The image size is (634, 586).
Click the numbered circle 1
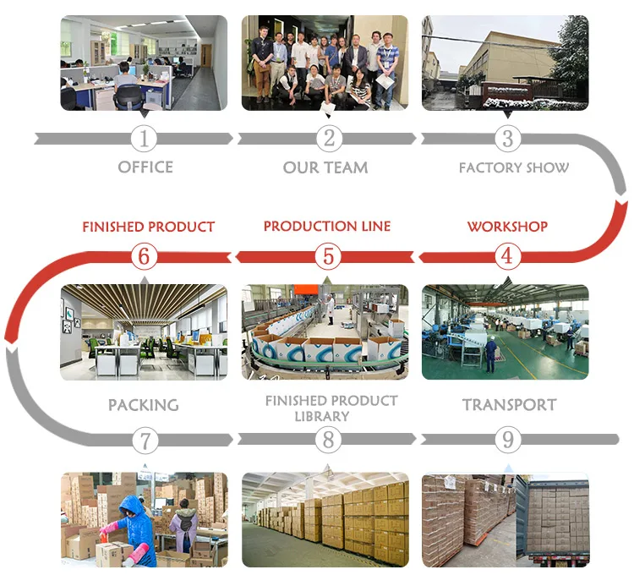point(145,139)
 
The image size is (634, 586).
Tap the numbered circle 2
point(329,139)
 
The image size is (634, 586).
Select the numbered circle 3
point(507,139)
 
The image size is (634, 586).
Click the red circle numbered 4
point(507,255)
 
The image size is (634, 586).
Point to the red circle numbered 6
point(145,255)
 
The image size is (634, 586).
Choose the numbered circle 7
point(145,440)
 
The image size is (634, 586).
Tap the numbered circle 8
point(329,440)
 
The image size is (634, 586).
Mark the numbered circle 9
point(507,440)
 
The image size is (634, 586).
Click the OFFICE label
point(145,167)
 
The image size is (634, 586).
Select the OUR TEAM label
point(325,167)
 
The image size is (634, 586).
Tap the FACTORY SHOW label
point(514,167)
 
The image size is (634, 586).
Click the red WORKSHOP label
point(507,227)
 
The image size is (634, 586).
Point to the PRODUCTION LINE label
point(327,227)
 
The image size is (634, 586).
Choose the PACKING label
point(144,405)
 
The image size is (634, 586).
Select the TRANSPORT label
point(510,405)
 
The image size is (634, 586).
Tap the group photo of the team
point(325,63)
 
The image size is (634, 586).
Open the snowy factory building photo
point(505,63)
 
